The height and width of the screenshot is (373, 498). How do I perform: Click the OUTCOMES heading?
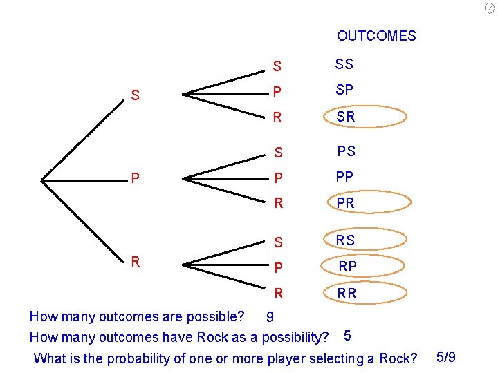coord(376,35)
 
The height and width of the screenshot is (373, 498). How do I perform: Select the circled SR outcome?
coord(345,117)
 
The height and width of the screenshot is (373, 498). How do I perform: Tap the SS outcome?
coord(344,64)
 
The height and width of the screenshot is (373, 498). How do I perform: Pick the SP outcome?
coord(344,90)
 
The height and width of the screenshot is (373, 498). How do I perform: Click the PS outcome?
coord(346,151)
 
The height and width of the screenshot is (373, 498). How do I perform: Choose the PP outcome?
coord(344,177)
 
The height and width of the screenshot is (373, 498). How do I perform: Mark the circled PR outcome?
coord(345,203)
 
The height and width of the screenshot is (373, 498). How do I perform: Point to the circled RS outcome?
coord(345,240)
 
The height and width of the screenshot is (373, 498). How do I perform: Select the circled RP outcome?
coord(347,266)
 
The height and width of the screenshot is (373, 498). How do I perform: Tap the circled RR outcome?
coord(347,293)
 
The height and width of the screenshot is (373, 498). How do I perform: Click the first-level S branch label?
coord(136,95)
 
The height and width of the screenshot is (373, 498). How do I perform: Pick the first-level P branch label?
coord(136,178)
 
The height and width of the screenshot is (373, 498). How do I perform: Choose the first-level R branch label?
coord(136,261)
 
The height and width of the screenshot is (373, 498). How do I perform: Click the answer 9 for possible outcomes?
coord(270,318)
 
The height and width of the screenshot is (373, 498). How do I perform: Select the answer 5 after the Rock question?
coord(347,336)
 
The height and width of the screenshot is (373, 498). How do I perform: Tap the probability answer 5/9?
coord(446,357)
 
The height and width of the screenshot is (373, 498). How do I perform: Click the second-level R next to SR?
coord(277,117)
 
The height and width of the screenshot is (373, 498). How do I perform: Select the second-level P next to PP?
coord(277,178)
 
